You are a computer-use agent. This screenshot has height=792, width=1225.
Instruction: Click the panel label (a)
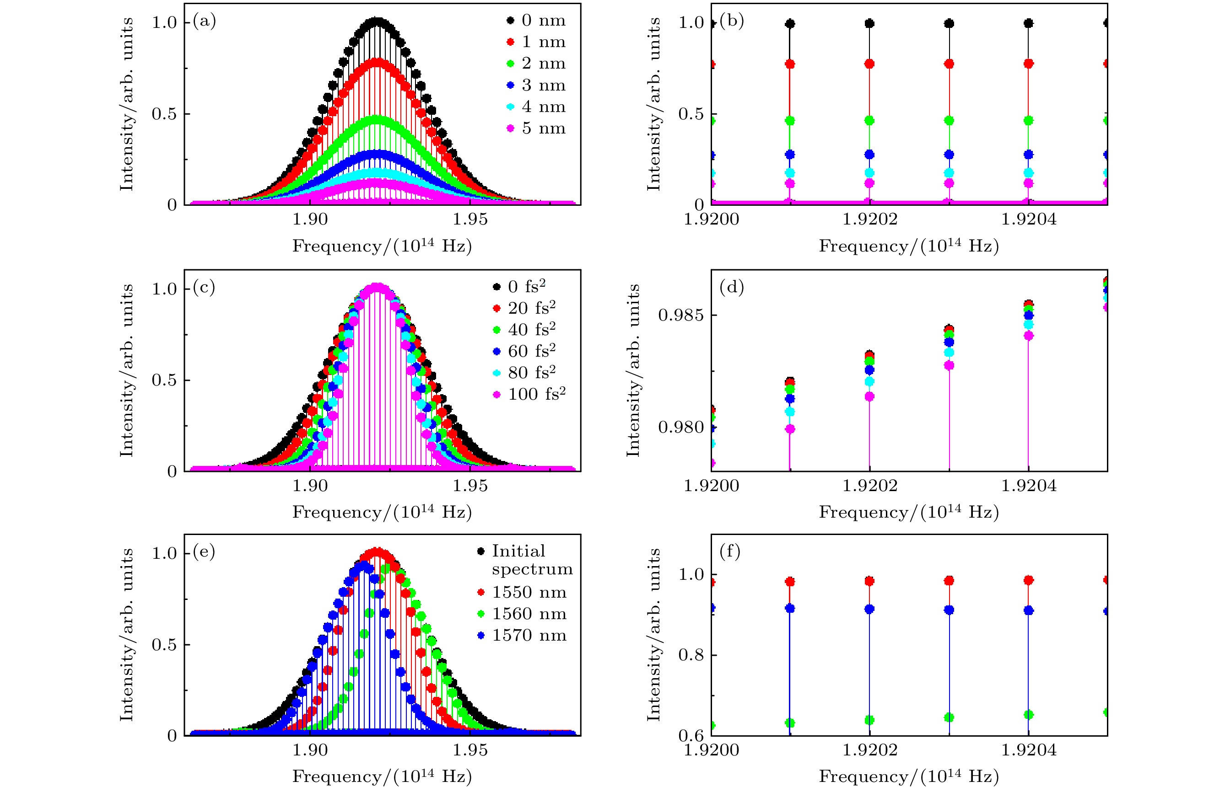tap(204, 21)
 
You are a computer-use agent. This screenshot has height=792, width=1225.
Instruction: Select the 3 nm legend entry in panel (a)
tap(537, 85)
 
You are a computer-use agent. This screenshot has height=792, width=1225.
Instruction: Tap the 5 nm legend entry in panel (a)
tap(537, 128)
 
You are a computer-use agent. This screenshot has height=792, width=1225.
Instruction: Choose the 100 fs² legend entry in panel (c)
tap(530, 394)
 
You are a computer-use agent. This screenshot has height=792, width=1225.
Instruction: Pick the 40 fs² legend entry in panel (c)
tap(525, 329)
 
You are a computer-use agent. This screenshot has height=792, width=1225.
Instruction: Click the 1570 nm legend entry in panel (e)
tap(523, 635)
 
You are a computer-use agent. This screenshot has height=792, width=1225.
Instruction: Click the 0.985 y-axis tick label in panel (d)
tap(680, 315)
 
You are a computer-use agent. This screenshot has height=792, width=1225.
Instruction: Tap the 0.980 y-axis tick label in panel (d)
tap(680, 428)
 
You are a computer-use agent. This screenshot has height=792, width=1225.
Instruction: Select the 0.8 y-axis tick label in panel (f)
tap(691, 655)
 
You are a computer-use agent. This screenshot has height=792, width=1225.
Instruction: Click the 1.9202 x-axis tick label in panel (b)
tap(869, 219)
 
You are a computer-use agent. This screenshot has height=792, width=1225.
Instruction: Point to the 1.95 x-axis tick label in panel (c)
tap(470, 486)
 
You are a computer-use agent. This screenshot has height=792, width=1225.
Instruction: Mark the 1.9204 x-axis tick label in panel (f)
tap(1029, 750)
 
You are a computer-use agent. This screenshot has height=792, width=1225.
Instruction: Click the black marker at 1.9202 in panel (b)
tap(869, 23)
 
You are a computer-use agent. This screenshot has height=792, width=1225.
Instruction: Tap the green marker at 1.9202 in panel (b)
tap(869, 120)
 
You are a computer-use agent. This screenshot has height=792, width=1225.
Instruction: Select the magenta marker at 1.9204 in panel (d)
tap(1029, 336)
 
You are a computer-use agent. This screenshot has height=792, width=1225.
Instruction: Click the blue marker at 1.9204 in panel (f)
tap(1029, 610)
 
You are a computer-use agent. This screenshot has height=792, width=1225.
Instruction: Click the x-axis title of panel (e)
tap(382, 776)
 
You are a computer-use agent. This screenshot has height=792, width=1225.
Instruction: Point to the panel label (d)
tap(732, 287)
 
